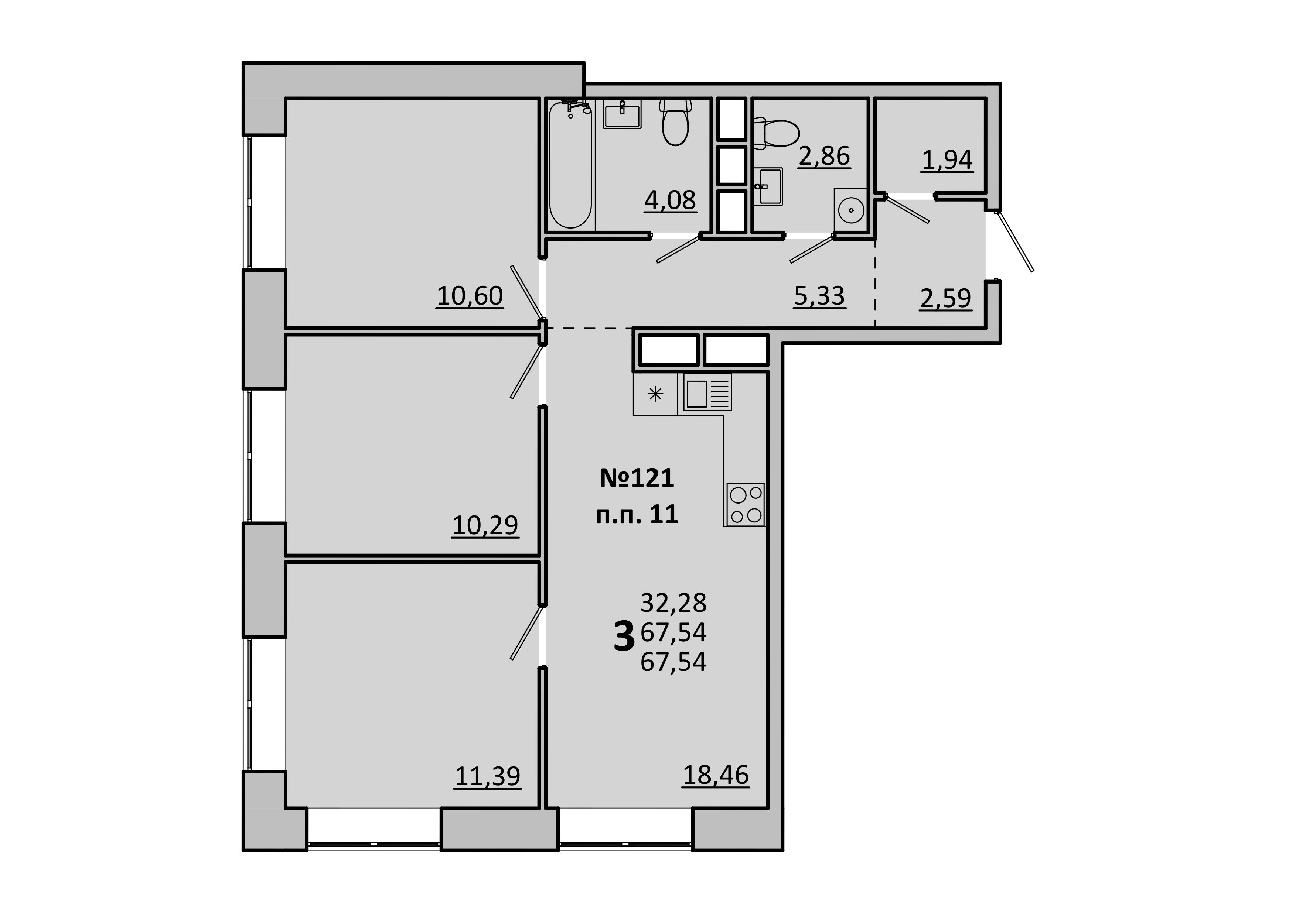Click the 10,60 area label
[470, 296]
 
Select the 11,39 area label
[488, 776]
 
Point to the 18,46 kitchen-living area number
[716, 775]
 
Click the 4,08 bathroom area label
[670, 200]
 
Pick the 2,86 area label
[824, 156]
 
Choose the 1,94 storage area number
[947, 160]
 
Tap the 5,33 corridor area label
[819, 296]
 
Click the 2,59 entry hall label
[945, 298]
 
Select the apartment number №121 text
[637, 478]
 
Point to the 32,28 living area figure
[673, 603]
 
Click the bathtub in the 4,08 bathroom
[571, 165]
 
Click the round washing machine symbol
[851, 210]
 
